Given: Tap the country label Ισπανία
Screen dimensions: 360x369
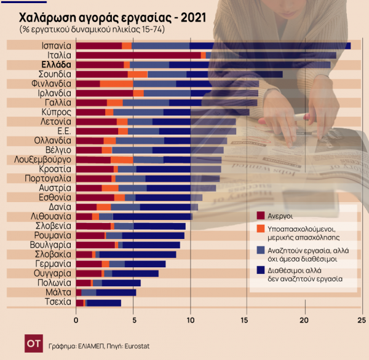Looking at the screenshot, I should click(55, 45).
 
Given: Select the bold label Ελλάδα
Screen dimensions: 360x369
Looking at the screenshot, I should click(55, 65).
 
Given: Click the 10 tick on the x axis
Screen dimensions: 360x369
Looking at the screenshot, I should click(190, 320).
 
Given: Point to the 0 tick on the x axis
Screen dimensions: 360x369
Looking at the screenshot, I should click(76, 320).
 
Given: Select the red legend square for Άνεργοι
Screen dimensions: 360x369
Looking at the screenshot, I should click(261, 216).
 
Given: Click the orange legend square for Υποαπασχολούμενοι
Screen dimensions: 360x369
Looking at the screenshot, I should click(261, 229).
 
